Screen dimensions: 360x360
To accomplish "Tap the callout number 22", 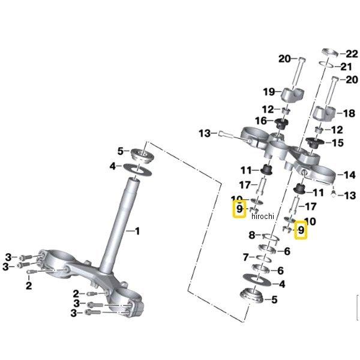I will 352,53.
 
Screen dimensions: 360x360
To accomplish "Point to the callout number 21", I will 347,67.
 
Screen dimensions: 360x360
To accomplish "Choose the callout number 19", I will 269,92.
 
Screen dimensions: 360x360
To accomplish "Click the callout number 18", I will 347,113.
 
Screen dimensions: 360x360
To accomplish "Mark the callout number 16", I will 260,121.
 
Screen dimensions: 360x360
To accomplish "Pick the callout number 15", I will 337,143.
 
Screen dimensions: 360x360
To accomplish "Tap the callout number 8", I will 253,235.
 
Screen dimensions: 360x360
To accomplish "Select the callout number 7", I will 245,257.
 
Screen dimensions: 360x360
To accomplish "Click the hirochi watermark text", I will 262,216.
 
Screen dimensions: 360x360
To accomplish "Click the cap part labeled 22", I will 329,52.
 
